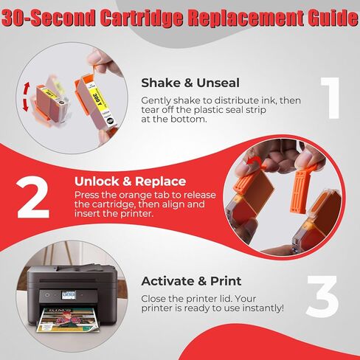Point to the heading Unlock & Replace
(130, 181)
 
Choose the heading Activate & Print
(190, 280)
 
